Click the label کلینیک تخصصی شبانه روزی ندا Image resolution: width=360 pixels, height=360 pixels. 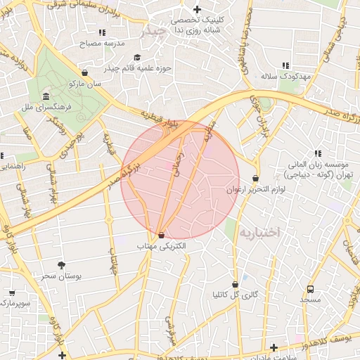point(197,25)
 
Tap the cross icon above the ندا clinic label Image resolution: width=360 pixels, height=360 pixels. point(197,10)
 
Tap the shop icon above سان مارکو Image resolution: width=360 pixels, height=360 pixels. point(85,72)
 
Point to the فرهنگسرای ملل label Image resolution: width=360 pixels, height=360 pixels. point(44,107)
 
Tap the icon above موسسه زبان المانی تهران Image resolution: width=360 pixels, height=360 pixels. point(318,153)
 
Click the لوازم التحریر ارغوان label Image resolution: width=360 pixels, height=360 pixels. point(255,190)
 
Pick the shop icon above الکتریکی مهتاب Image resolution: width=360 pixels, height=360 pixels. point(162,236)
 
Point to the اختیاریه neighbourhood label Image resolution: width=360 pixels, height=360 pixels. point(259,231)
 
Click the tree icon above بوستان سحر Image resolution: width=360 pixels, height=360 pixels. point(62,265)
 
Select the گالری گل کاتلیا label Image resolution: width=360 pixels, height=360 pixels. point(235,295)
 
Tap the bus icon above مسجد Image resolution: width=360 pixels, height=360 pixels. point(310,289)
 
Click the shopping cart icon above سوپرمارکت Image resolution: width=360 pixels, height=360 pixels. point(11,292)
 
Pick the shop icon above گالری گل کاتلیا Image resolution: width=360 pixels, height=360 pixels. point(235,285)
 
